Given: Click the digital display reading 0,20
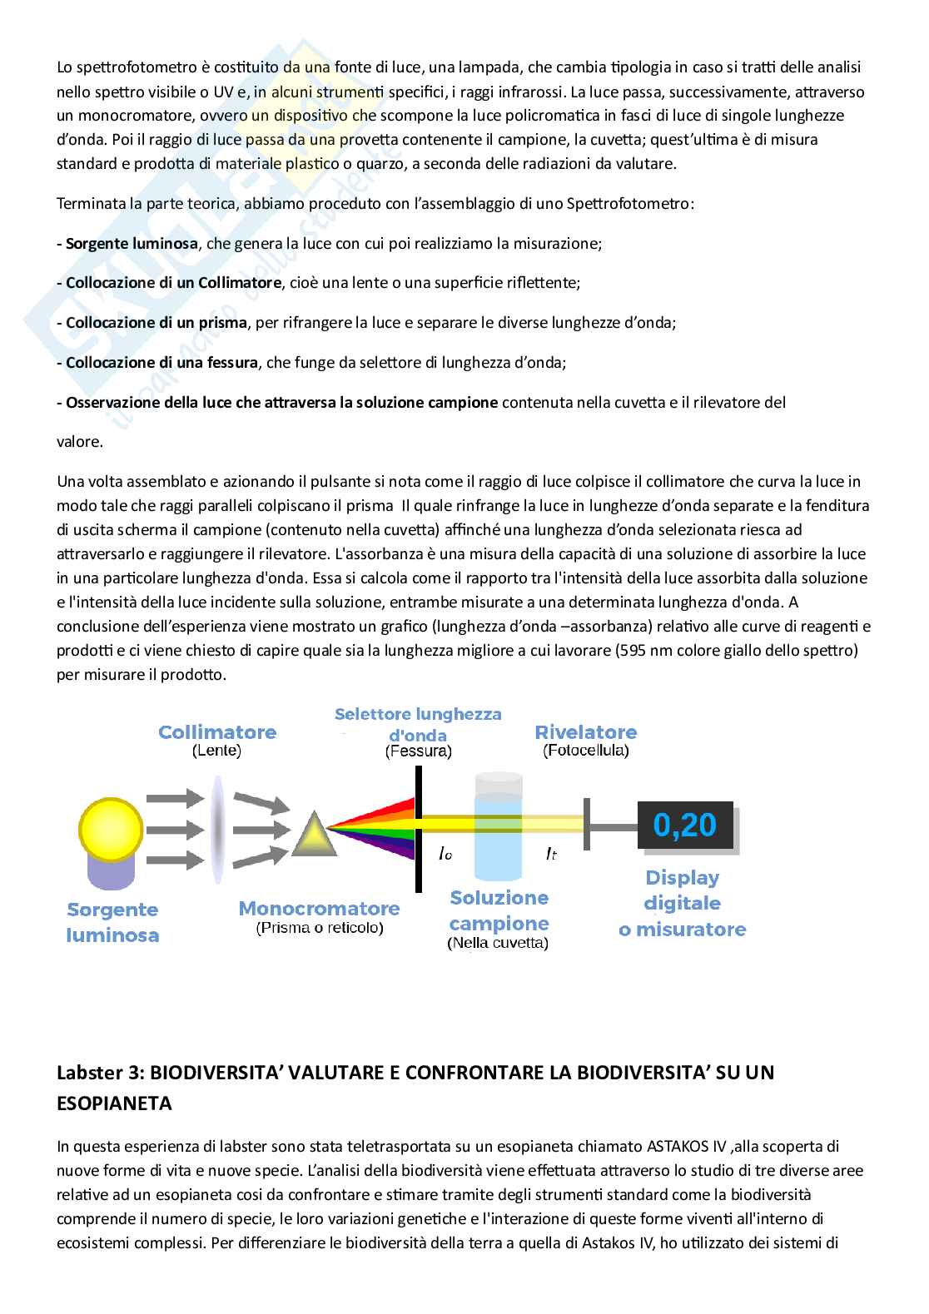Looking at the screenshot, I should pos(684,825).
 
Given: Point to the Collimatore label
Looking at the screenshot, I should pos(217,732).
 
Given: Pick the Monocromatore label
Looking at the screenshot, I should pos(319,908).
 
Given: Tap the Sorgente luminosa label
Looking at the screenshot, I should pos(112,922).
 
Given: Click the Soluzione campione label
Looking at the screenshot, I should pos(499,910).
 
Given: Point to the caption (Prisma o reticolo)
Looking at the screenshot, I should pos(319,928).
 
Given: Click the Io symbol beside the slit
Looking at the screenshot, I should pos(445,854).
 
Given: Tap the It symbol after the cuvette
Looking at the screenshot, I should pos(551,854).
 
